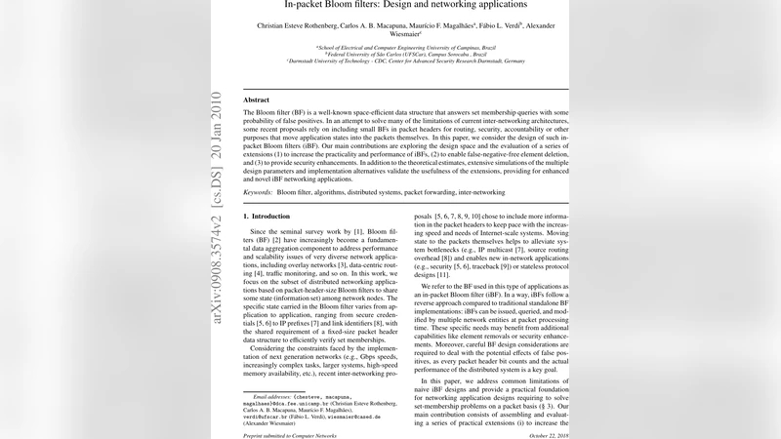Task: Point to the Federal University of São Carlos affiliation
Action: coord(390,53)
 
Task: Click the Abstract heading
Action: coord(256,100)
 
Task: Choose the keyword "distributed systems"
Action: coord(362,193)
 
